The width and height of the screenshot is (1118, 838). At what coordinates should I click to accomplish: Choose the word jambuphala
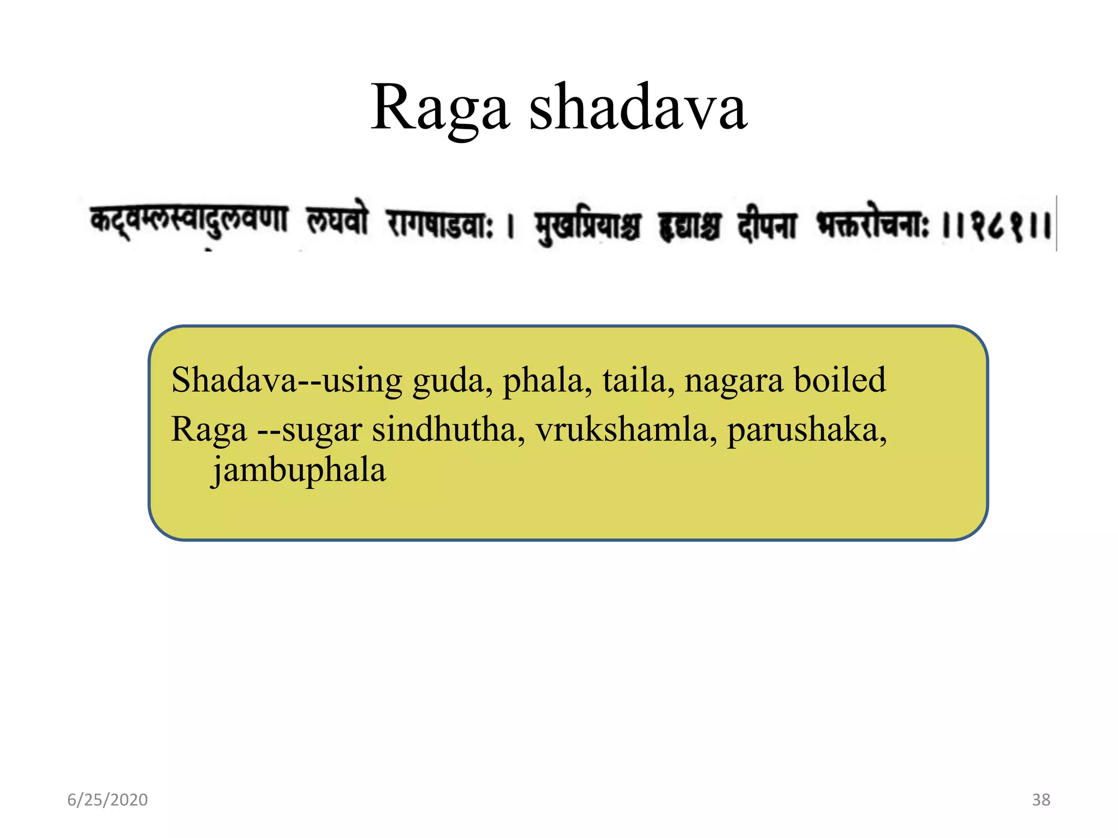point(299,471)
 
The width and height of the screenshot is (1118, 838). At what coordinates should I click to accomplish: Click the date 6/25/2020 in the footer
point(108,800)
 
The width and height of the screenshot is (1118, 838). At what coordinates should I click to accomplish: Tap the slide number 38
point(1041,800)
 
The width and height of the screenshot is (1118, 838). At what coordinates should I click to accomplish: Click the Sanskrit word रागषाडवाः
point(440,225)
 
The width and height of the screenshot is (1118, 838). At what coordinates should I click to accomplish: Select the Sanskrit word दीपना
point(768,225)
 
